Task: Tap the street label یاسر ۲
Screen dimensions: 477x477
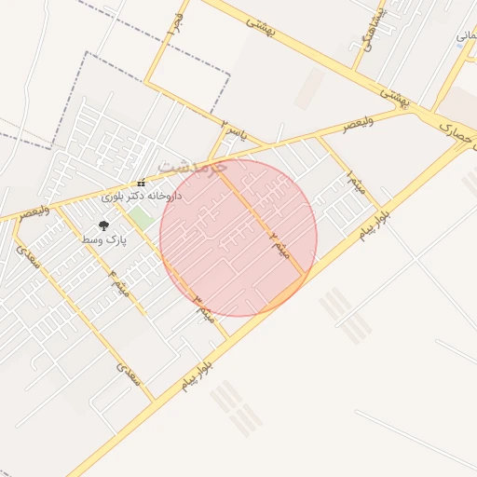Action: (234, 130)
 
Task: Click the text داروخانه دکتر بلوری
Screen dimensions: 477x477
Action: (141, 197)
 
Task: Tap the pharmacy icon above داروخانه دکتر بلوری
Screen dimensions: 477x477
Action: (141, 183)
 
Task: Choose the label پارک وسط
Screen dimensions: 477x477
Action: (102, 240)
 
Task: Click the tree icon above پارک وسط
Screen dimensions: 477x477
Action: (102, 225)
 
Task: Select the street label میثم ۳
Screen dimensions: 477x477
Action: (205, 310)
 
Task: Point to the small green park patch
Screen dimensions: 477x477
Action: (142, 220)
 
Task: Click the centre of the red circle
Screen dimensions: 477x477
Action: (238, 238)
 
